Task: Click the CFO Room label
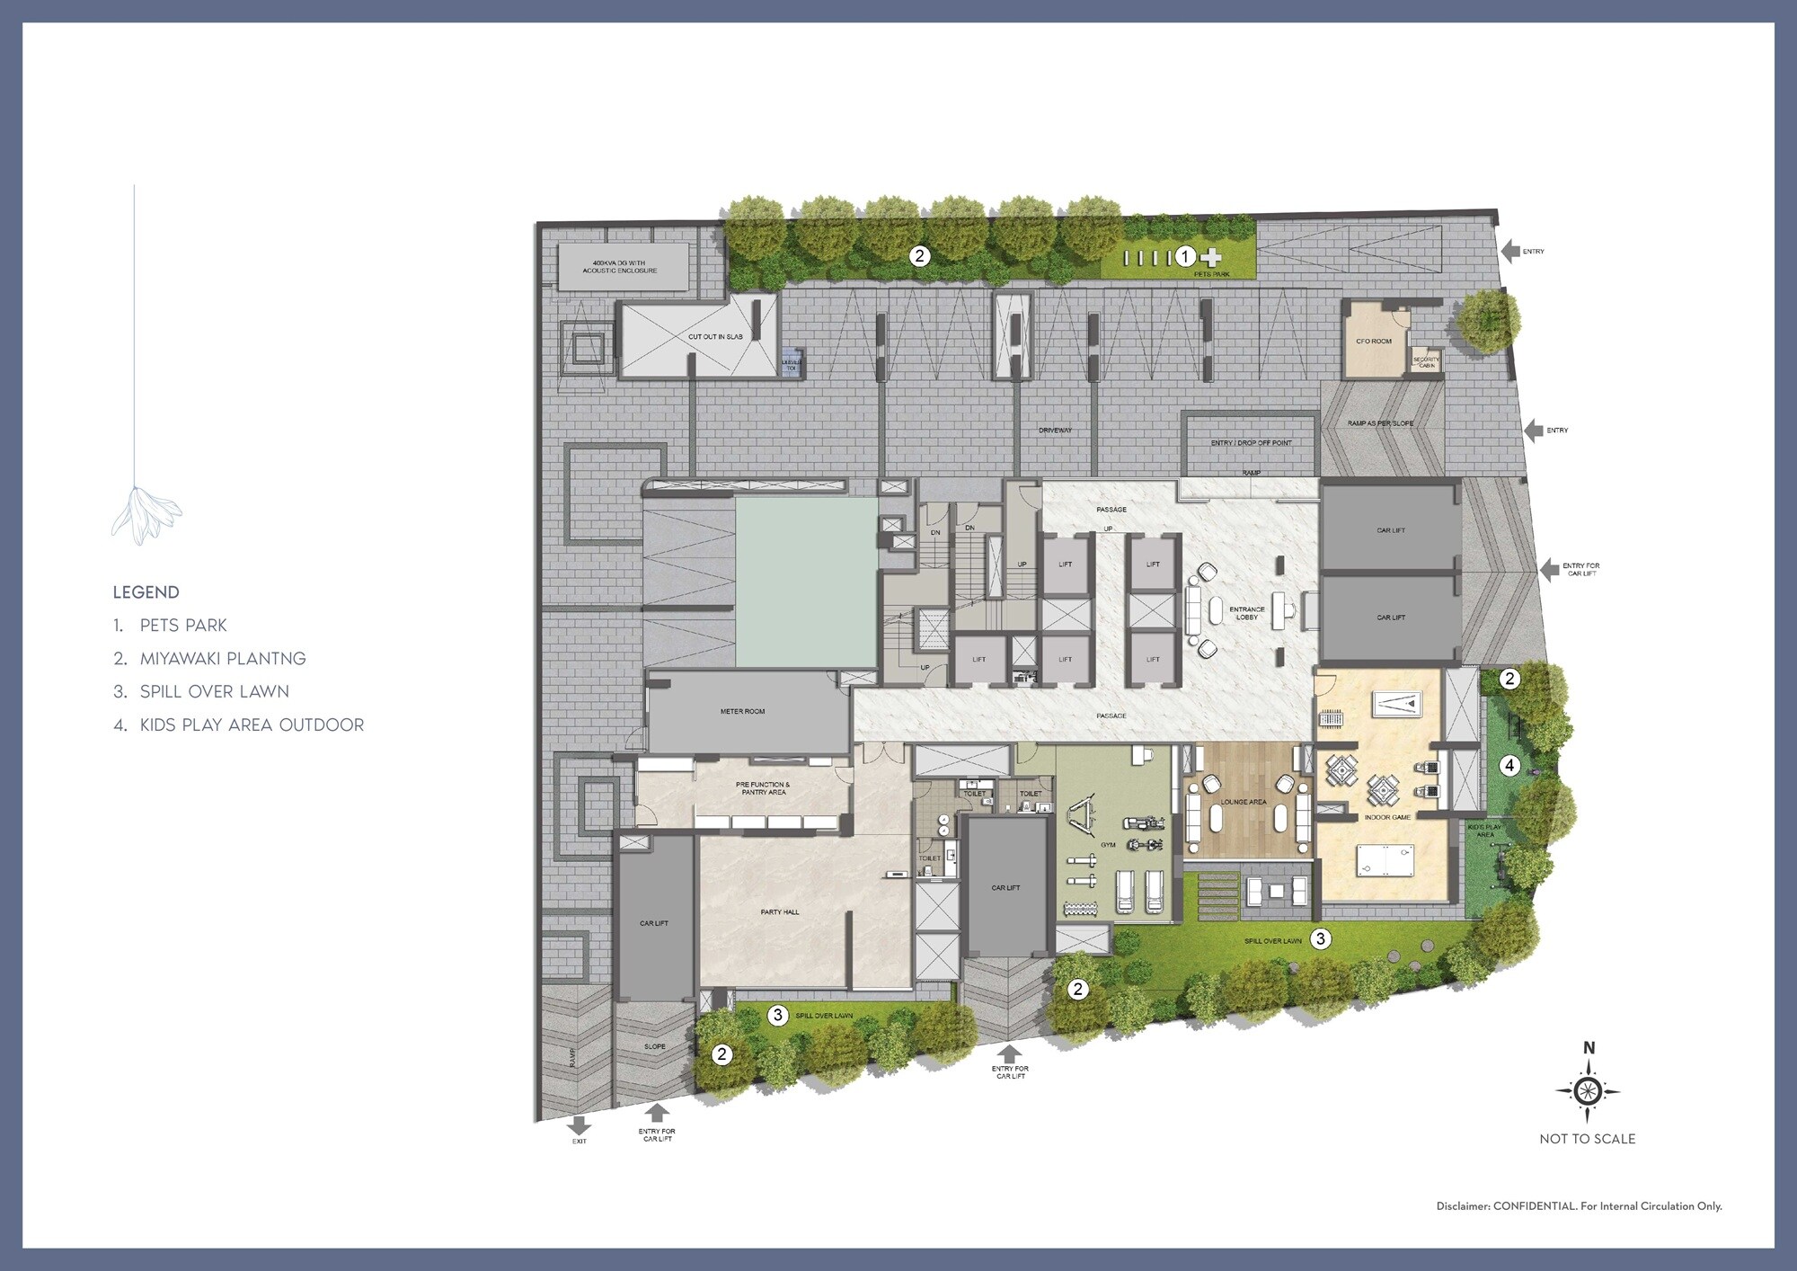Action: pos(1373,342)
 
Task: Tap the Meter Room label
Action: pos(742,712)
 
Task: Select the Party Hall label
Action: pos(779,912)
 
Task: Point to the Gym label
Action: pos(1108,845)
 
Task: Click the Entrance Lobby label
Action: pos(1246,613)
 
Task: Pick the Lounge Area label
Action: pos(1244,802)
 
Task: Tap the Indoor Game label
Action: pos(1387,818)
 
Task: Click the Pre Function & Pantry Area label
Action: pos(763,788)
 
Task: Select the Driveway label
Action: pos(1055,431)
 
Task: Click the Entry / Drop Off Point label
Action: pos(1251,443)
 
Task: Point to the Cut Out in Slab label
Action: pos(715,337)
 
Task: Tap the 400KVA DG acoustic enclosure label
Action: pos(619,267)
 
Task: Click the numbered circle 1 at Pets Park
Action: pos(1185,257)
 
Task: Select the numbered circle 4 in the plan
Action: pos(1509,766)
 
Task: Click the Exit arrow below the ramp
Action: pos(579,1125)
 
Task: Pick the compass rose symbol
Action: pos(1588,1091)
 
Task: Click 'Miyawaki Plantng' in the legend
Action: pos(222,659)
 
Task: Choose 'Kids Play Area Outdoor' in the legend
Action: pos(252,725)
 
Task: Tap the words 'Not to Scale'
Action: pos(1587,1139)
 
